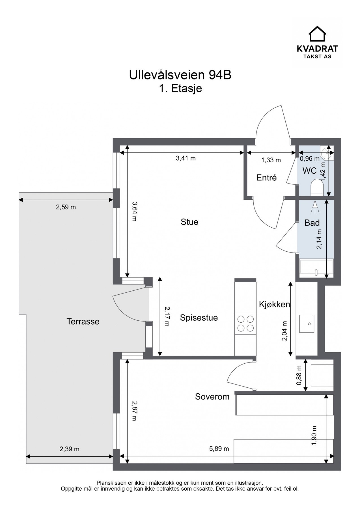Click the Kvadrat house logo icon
coord(317,34)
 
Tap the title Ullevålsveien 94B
coord(180,75)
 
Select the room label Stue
coord(189,222)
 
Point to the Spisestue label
coord(199,318)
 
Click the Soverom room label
coord(212,397)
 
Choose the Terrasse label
coord(83,322)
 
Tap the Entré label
coord(266,178)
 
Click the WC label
coord(309,171)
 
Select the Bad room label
coord(312,223)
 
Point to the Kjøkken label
coord(275,304)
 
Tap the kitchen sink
coord(307,324)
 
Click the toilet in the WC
coord(317,187)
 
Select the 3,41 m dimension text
coord(186,158)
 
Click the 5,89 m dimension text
coord(219,449)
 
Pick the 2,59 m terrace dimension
coord(66,207)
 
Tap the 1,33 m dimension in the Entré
coord(271,160)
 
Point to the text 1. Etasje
coord(180,89)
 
